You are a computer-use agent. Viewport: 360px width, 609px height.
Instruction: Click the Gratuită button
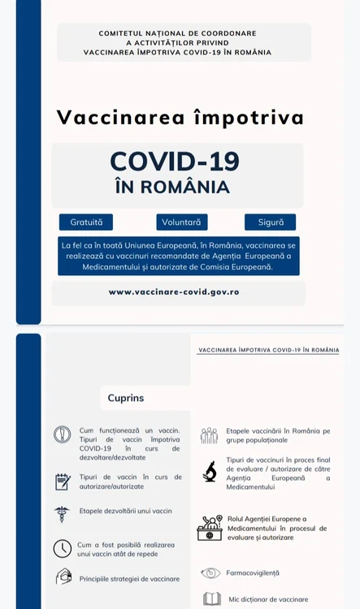point(86,222)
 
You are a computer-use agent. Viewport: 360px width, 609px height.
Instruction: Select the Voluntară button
point(182,222)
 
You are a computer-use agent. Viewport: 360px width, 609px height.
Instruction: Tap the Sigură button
point(270,222)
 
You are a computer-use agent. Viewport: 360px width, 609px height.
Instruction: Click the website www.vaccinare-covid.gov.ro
point(174,292)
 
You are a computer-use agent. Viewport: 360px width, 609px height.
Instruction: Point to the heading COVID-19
point(175,162)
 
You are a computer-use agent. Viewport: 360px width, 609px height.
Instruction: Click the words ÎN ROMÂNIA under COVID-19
point(172,187)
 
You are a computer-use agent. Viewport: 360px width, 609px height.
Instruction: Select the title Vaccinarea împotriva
point(180,117)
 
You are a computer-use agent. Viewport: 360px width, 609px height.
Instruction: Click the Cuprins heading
point(126,398)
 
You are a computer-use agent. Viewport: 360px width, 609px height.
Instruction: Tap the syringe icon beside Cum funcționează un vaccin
point(63,434)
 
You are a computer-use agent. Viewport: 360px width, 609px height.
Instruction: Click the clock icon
point(63,548)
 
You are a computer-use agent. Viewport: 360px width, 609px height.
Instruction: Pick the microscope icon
point(210,471)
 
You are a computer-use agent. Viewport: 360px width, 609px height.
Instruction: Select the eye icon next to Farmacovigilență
point(210,572)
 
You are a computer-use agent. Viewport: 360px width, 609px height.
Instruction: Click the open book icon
point(211,599)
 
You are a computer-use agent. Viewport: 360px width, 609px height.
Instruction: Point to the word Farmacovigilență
point(252,572)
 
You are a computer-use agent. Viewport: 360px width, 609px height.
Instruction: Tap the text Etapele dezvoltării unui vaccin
point(126,511)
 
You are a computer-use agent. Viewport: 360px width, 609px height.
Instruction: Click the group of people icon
point(210,435)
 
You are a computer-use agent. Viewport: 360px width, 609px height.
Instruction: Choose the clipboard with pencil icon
point(63,482)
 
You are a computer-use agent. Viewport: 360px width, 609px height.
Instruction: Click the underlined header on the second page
point(268,350)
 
